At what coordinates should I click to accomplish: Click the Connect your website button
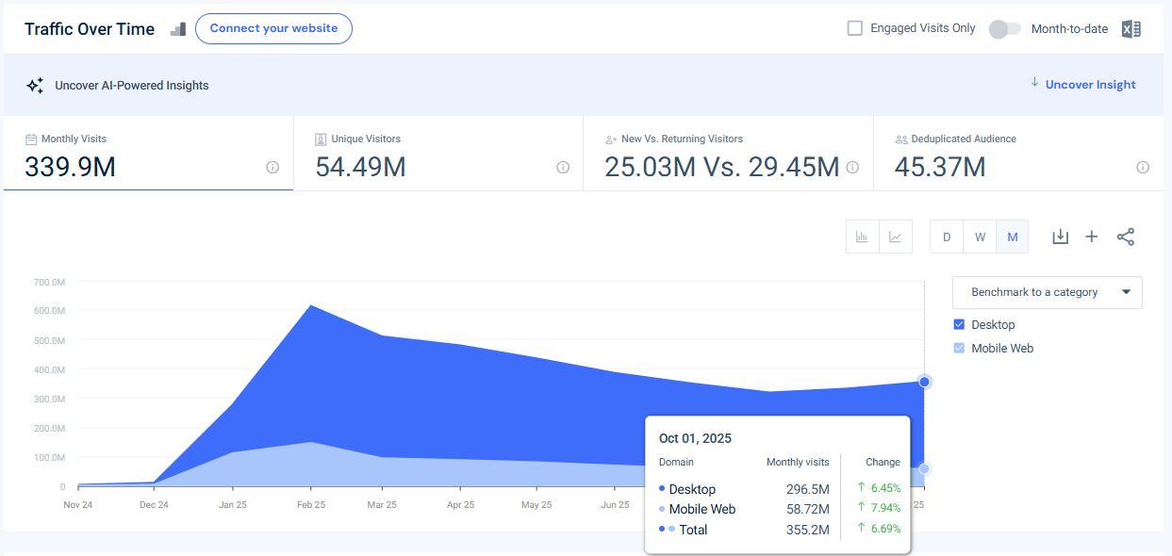pyautogui.click(x=273, y=29)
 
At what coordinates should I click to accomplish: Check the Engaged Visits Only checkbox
pyautogui.click(x=855, y=28)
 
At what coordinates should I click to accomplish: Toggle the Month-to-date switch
pyautogui.click(x=1004, y=29)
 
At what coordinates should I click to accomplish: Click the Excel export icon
pyautogui.click(x=1131, y=29)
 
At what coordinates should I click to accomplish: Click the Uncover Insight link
pyautogui.click(x=1090, y=85)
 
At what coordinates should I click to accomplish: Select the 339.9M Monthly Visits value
pyautogui.click(x=71, y=168)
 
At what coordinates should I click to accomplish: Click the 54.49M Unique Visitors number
pyautogui.click(x=360, y=168)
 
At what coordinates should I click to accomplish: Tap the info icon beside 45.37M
pyautogui.click(x=1143, y=168)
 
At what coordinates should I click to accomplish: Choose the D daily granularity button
pyautogui.click(x=947, y=237)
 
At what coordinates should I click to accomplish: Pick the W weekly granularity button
pyautogui.click(x=980, y=237)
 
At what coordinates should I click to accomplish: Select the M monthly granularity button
pyautogui.click(x=1013, y=237)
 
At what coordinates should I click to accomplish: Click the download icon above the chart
pyautogui.click(x=1060, y=237)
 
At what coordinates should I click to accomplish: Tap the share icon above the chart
pyautogui.click(x=1125, y=237)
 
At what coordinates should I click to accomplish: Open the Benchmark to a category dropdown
pyautogui.click(x=1047, y=292)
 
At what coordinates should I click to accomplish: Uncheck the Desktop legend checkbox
pyautogui.click(x=960, y=324)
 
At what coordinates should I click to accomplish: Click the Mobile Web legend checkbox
pyautogui.click(x=960, y=348)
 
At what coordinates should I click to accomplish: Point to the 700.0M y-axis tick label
pyautogui.click(x=49, y=282)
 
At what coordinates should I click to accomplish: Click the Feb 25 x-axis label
pyautogui.click(x=310, y=505)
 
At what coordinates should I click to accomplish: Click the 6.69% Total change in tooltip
pyautogui.click(x=884, y=530)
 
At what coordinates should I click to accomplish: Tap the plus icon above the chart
pyautogui.click(x=1092, y=237)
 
